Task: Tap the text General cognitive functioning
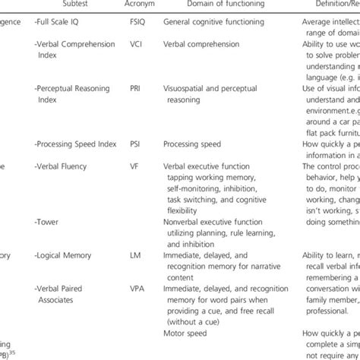[x=209, y=23]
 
